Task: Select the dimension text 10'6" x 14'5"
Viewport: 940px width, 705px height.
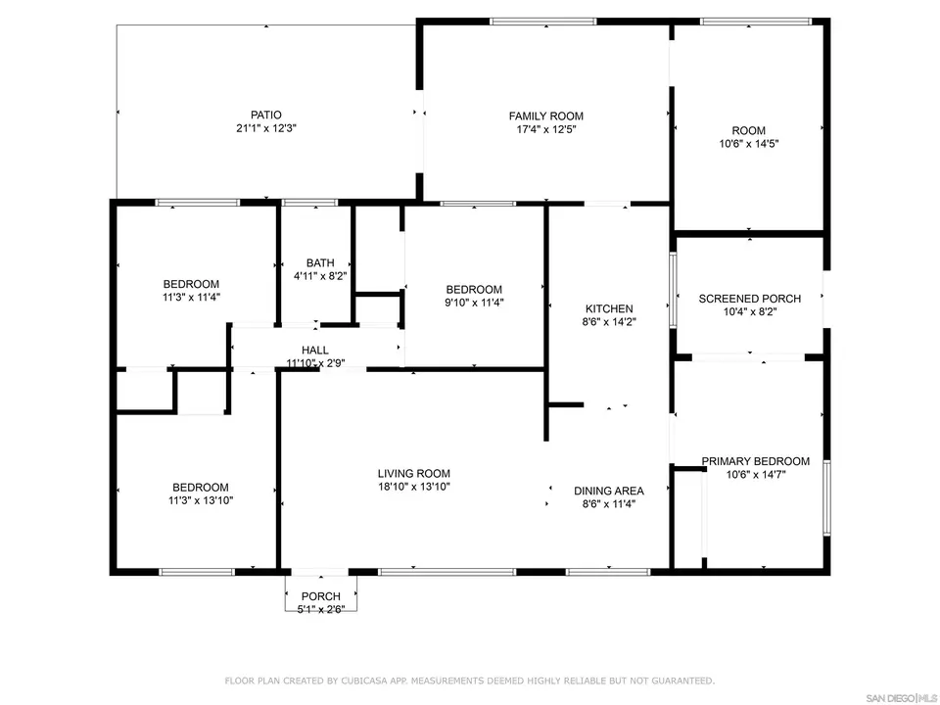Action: point(749,143)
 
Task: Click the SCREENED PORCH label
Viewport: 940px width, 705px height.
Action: point(749,299)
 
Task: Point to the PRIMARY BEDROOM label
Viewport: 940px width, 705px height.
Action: point(755,461)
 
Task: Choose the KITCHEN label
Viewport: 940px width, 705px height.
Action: point(609,308)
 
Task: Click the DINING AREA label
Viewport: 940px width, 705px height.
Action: point(608,491)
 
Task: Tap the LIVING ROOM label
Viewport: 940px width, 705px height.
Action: point(413,473)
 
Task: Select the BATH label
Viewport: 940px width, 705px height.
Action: point(320,262)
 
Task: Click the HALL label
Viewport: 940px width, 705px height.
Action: point(315,350)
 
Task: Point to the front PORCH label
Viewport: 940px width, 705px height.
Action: point(320,596)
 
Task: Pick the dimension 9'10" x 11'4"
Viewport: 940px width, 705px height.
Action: point(474,303)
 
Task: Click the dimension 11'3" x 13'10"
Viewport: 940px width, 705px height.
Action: point(201,500)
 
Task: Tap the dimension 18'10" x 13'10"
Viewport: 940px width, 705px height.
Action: point(413,487)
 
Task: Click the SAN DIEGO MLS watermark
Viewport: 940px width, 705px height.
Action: point(895,696)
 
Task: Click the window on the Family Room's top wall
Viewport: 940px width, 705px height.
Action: point(542,21)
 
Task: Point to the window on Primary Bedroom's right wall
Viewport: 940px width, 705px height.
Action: point(827,497)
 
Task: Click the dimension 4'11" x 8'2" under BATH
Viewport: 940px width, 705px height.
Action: point(320,276)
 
